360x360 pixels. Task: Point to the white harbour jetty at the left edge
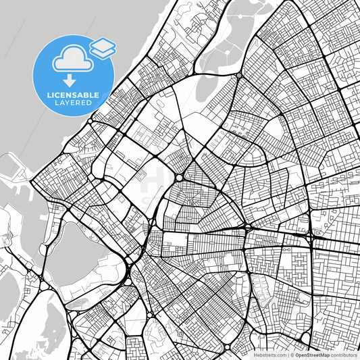pos(14,169)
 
